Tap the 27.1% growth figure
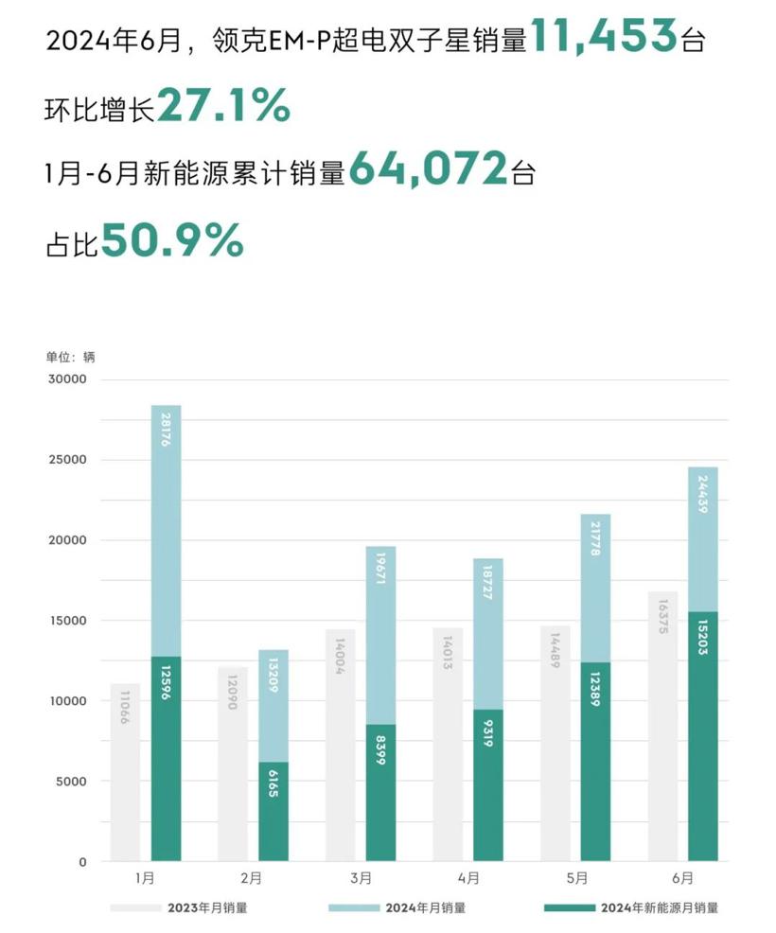tap(223, 106)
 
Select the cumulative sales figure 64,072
tap(428, 170)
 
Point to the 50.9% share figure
tap(172, 240)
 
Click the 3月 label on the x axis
tap(361, 878)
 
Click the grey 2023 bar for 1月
tap(125, 771)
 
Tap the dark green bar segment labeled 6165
tap(273, 812)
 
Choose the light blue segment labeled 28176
tap(166, 530)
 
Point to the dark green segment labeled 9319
tap(488, 785)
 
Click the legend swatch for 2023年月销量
tap(135, 907)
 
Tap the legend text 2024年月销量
tap(425, 907)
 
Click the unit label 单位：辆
tap(71, 357)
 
